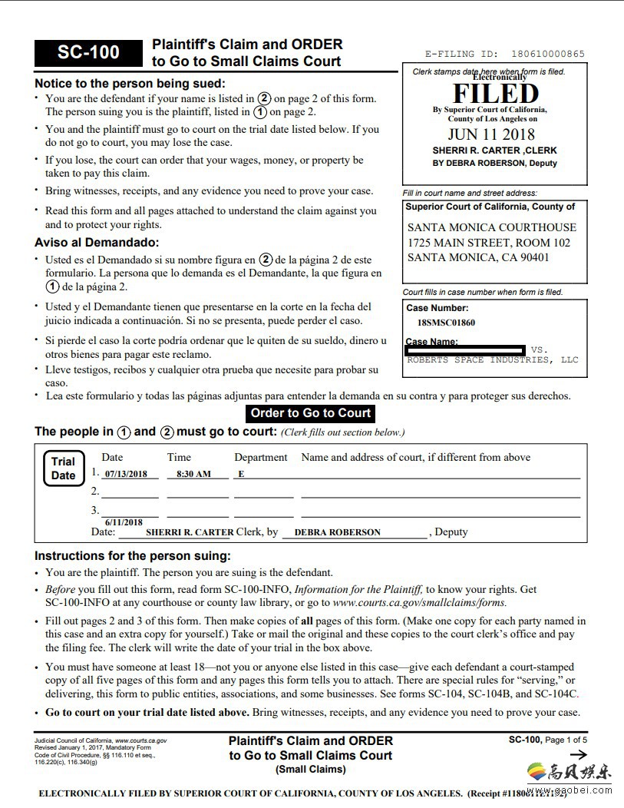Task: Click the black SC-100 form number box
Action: [x=88, y=52]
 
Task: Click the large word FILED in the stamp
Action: [x=495, y=94]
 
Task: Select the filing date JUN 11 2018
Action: [x=492, y=135]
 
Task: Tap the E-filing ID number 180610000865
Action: [x=543, y=55]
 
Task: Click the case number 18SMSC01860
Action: [x=446, y=323]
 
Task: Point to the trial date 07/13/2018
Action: [x=126, y=474]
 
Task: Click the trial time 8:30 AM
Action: [x=193, y=474]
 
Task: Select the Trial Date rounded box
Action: [x=63, y=469]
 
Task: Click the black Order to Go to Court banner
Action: [x=311, y=413]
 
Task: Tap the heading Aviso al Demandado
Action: [x=96, y=243]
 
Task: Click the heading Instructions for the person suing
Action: [x=132, y=555]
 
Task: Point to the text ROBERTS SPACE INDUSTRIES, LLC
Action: [x=493, y=359]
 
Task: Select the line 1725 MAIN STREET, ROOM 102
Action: [x=489, y=243]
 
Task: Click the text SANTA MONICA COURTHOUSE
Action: [x=491, y=227]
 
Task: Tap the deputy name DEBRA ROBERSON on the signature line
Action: [x=337, y=531]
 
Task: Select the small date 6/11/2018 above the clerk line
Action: [x=124, y=522]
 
